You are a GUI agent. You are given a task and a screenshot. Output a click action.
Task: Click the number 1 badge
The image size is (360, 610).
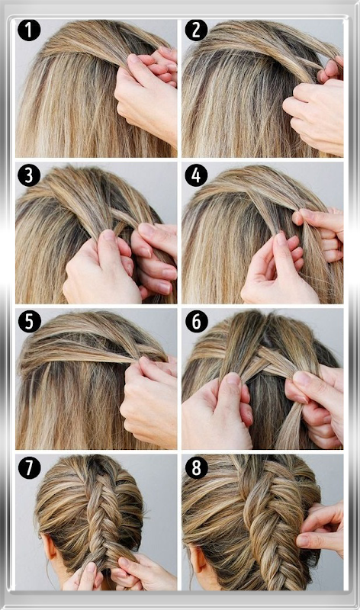[29, 30]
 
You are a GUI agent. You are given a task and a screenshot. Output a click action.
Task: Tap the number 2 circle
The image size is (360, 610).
[196, 30]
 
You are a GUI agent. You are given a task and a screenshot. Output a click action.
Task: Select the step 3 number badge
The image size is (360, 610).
[29, 175]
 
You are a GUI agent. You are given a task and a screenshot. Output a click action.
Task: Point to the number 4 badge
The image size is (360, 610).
[196, 175]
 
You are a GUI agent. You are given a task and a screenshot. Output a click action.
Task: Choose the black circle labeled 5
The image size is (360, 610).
[29, 321]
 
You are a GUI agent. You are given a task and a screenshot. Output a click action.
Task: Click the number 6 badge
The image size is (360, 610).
[196, 321]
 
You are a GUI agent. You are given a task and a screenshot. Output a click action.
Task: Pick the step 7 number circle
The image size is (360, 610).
[29, 467]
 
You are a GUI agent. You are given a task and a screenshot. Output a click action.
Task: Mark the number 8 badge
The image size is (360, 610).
[196, 467]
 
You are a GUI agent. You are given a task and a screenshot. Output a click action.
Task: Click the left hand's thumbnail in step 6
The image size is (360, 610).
[233, 379]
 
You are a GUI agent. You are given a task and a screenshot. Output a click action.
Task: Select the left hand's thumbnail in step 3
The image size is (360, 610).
[109, 236]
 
